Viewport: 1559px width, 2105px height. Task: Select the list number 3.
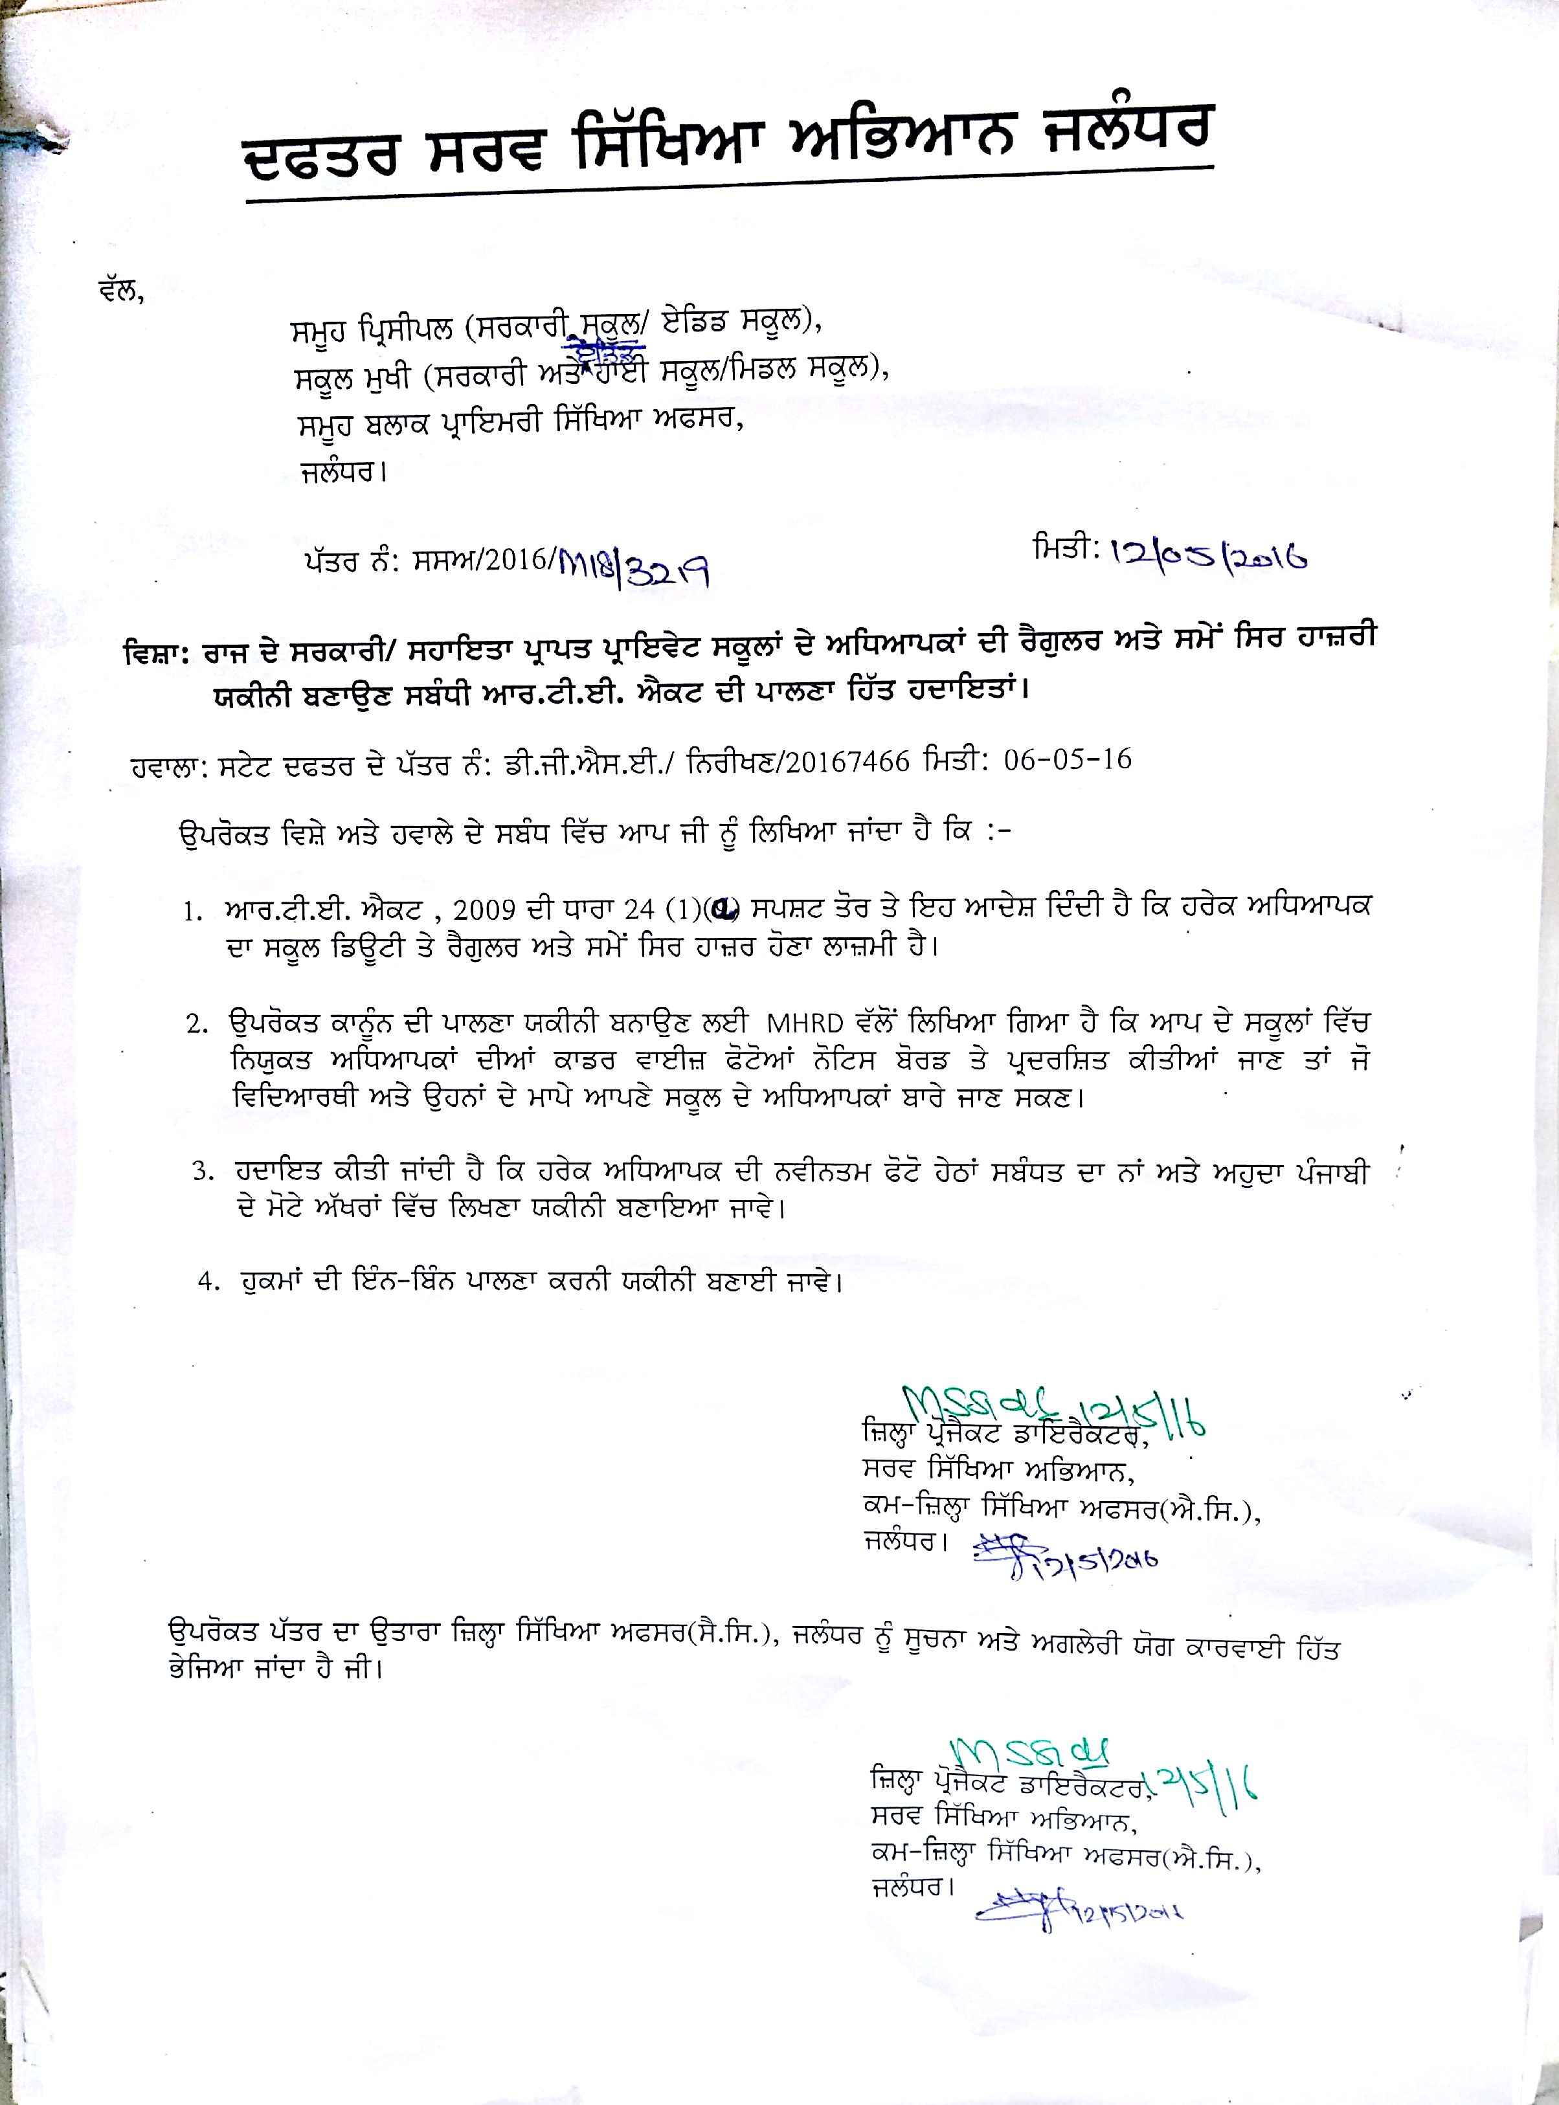199,1172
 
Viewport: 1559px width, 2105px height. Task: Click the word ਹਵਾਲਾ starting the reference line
164,765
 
